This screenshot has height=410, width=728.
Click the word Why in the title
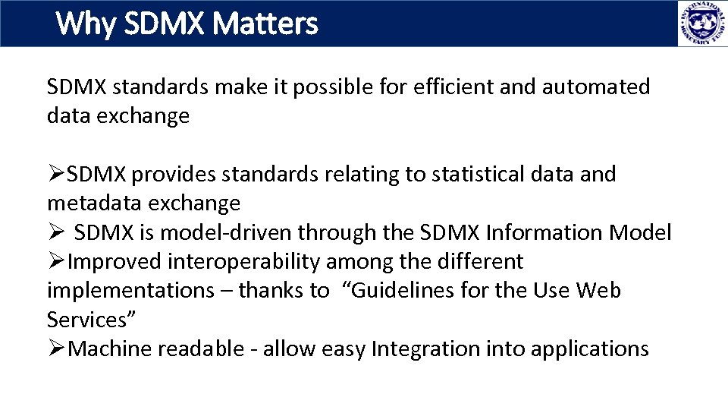(85, 24)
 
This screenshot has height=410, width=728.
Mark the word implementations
(126, 291)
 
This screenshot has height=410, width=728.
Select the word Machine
(107, 349)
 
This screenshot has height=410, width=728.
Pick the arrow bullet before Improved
(57, 262)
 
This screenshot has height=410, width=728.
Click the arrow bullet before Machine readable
(57, 349)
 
